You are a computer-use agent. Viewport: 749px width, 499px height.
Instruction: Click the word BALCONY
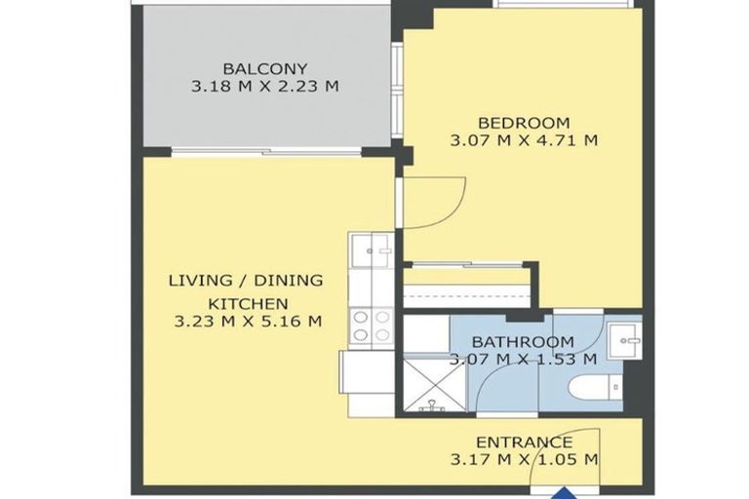265,69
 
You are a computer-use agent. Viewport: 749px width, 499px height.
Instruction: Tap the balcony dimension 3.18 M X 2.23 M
265,87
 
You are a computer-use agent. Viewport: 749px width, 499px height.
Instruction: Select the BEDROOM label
524,123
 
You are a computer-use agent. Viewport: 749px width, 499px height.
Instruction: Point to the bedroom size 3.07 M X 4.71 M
524,140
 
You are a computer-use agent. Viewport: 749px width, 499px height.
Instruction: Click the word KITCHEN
249,304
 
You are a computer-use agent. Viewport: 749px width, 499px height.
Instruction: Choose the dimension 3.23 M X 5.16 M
248,321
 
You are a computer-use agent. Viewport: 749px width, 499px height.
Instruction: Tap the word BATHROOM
523,342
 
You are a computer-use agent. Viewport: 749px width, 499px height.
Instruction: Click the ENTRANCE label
524,442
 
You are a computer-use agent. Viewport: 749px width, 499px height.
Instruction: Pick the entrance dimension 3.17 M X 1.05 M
524,460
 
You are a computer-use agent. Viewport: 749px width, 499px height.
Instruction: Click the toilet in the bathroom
596,387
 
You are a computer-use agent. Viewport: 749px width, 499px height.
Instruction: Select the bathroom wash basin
624,340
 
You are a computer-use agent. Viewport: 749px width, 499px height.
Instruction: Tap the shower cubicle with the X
434,385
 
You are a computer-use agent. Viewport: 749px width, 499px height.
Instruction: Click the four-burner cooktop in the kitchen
372,326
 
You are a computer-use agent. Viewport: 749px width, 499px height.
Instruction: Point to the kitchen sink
372,250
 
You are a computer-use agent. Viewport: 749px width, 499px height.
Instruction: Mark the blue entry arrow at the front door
565,493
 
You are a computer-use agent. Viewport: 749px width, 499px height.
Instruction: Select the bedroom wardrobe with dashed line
467,287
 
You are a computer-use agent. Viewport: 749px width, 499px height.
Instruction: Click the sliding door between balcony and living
266,152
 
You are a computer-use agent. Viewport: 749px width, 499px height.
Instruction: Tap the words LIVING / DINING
246,281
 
